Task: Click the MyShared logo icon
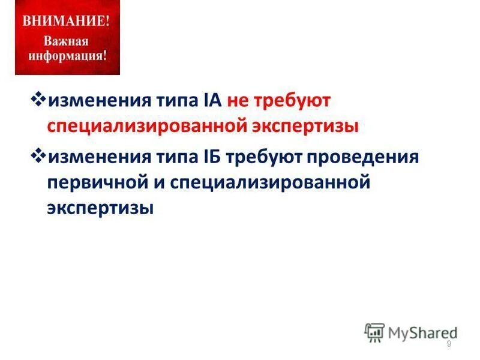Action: (x=374, y=332)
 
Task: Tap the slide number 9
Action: (x=449, y=343)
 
